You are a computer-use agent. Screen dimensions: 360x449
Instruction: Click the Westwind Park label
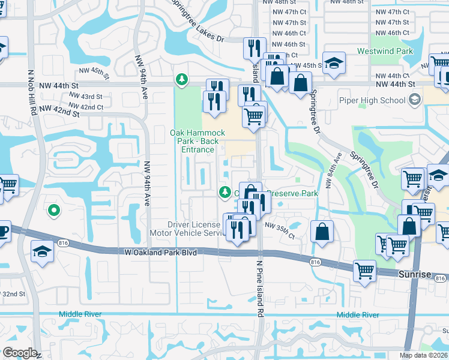pyautogui.click(x=393, y=52)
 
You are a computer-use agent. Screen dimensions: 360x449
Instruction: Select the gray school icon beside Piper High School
pyautogui.click(x=414, y=101)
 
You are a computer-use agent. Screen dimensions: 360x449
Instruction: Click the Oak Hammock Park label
pyautogui.click(x=197, y=137)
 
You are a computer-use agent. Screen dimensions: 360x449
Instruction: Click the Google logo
pyautogui.click(x=19, y=353)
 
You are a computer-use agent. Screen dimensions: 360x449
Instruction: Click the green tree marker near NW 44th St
pyautogui.click(x=181, y=79)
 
